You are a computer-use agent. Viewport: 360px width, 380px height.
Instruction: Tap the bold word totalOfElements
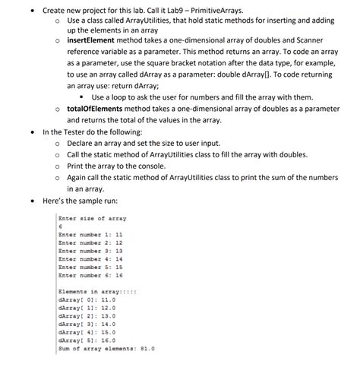tap(95, 109)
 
